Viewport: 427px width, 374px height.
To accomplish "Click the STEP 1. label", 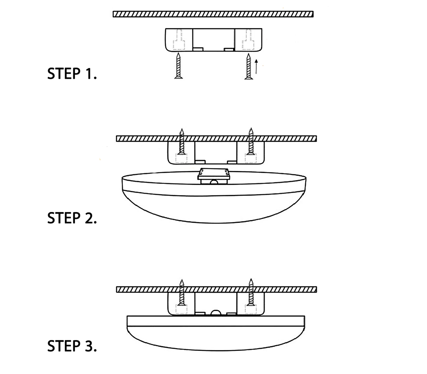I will pyautogui.click(x=72, y=73).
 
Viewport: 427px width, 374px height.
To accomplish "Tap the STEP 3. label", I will pyautogui.click(x=72, y=346).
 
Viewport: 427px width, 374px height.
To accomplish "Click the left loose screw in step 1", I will pyautogui.click(x=179, y=66).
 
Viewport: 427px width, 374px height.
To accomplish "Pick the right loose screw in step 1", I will pyautogui.click(x=248, y=66).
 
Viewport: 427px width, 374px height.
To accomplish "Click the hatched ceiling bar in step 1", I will pyautogui.click(x=213, y=14).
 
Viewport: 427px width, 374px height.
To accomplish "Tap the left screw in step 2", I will pyautogui.click(x=182, y=142).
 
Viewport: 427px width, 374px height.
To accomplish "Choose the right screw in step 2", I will pyautogui.click(x=251, y=142).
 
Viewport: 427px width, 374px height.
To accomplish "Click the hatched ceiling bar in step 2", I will pyautogui.click(x=216, y=139).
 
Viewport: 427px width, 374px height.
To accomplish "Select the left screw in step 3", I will pyautogui.click(x=182, y=293).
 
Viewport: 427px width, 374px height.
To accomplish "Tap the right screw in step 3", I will pyautogui.click(x=251, y=293).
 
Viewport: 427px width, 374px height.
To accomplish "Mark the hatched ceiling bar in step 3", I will pyautogui.click(x=216, y=290).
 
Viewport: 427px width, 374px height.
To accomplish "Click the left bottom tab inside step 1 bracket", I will pyautogui.click(x=198, y=49).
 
